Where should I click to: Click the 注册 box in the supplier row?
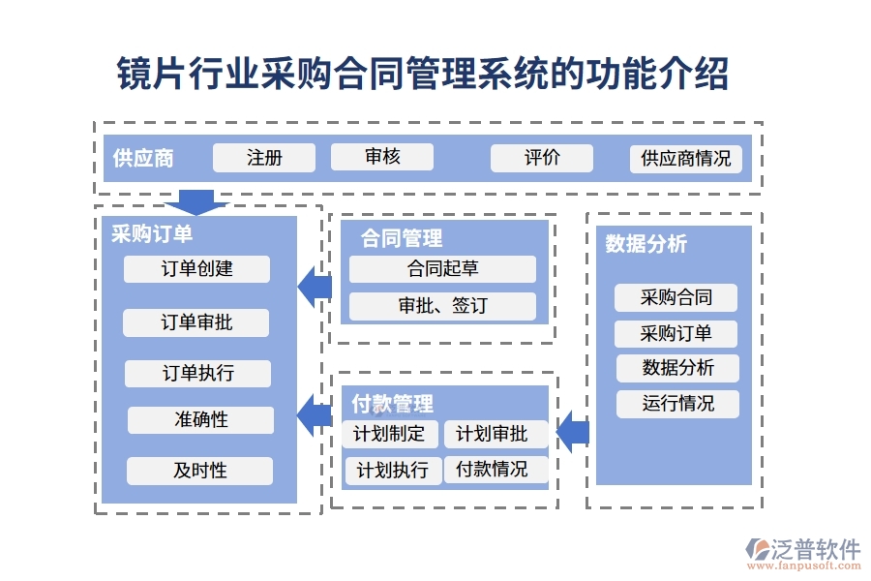pos(264,158)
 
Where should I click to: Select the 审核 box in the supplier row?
pos(382,157)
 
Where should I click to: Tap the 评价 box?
pos(542,158)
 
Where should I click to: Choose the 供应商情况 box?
pos(686,159)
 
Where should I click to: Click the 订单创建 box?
pos(197,269)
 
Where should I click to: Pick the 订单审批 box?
pos(196,322)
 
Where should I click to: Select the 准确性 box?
pos(200,420)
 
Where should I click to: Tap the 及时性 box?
pos(199,472)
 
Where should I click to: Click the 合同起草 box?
pos(442,269)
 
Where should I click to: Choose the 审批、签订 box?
pos(442,306)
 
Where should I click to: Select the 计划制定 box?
pos(390,434)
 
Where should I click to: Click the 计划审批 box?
pos(496,434)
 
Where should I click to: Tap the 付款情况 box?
pos(496,470)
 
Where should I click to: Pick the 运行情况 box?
pos(677,404)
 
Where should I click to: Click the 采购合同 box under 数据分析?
pos(676,297)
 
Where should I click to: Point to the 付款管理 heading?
pos(393,404)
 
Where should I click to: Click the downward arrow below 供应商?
pos(196,201)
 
